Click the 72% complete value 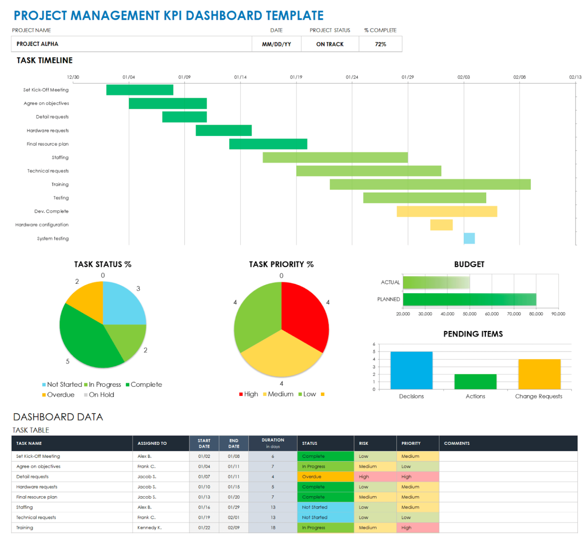(x=380, y=44)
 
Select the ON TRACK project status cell (x=330, y=44)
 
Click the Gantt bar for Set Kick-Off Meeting (x=139, y=90)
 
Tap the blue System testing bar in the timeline (x=469, y=238)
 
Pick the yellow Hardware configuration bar (x=441, y=225)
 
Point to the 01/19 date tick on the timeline (x=296, y=77)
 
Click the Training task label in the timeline (x=60, y=184)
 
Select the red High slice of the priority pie (x=306, y=313)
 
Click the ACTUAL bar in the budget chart (x=436, y=282)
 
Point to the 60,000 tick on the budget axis (x=491, y=314)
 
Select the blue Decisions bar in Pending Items (x=411, y=370)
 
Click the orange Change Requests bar (x=539, y=374)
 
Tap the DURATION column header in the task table (x=272, y=443)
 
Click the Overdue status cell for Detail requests (x=325, y=477)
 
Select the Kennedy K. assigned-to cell (x=149, y=528)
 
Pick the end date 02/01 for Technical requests (x=234, y=518)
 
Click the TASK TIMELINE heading (x=45, y=60)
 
